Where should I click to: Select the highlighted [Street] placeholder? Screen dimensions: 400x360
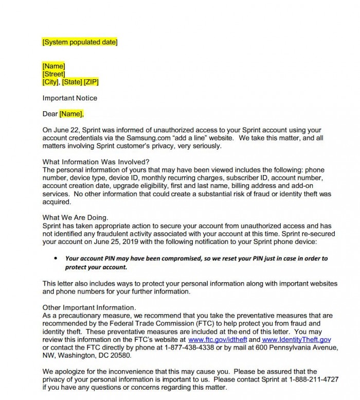(53, 74)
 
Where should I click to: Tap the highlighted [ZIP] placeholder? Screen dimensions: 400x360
(91, 82)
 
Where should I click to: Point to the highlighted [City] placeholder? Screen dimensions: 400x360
(51, 82)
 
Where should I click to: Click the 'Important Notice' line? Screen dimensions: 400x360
(69, 98)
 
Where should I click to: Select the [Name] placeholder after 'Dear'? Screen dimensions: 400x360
(71, 114)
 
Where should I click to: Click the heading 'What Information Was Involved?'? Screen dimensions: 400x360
(96, 162)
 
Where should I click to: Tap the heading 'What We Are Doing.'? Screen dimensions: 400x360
(75, 218)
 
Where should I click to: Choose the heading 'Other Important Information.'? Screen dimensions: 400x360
(86, 307)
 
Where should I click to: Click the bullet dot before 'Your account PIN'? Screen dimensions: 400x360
(56, 258)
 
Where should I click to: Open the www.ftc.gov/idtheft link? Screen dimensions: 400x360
(218, 340)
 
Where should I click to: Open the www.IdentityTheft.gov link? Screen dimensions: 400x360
(296, 340)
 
